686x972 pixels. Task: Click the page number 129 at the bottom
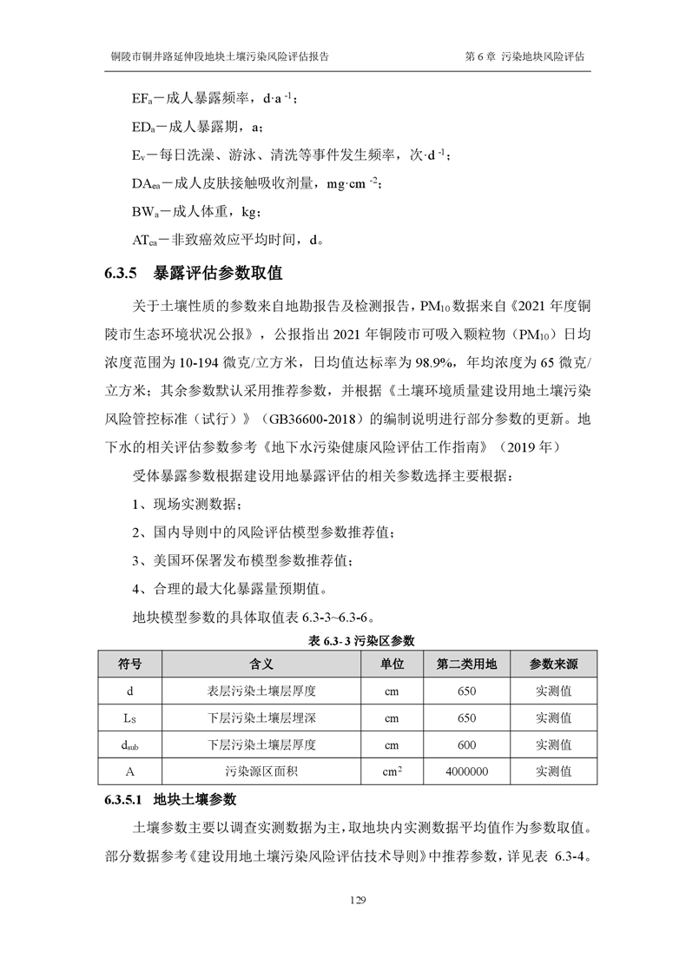pyautogui.click(x=343, y=899)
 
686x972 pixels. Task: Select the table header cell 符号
pyautogui.click(x=129, y=663)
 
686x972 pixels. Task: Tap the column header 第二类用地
pyautogui.click(x=466, y=663)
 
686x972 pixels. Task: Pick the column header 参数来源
pyautogui.click(x=554, y=663)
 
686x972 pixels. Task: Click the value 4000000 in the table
pyautogui.click(x=466, y=770)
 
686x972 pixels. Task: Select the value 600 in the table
pyautogui.click(x=466, y=744)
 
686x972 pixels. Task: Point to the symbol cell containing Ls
pyautogui.click(x=129, y=717)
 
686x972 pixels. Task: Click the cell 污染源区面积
pyautogui.click(x=261, y=770)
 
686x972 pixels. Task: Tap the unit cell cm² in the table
pyautogui.click(x=392, y=770)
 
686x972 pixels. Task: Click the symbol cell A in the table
pyautogui.click(x=129, y=770)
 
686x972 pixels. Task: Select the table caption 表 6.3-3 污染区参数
pyautogui.click(x=362, y=640)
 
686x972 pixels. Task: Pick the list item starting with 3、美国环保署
pyautogui.click(x=244, y=560)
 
